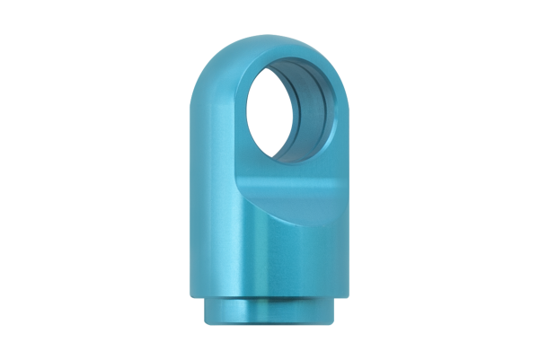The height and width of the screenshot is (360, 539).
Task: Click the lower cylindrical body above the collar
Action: pos(269,260)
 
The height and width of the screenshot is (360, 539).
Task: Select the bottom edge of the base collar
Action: pos(269,324)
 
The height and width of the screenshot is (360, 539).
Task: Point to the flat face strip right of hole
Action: pos(340,135)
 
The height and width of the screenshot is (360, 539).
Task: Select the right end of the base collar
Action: pos(335,310)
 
